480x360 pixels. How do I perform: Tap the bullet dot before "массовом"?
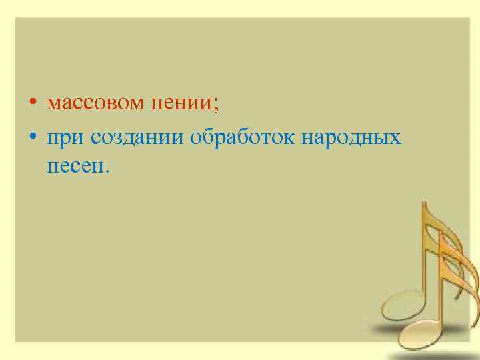click(x=33, y=105)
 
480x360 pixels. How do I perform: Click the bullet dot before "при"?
click(x=33, y=138)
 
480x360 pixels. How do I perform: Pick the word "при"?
click(x=65, y=138)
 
